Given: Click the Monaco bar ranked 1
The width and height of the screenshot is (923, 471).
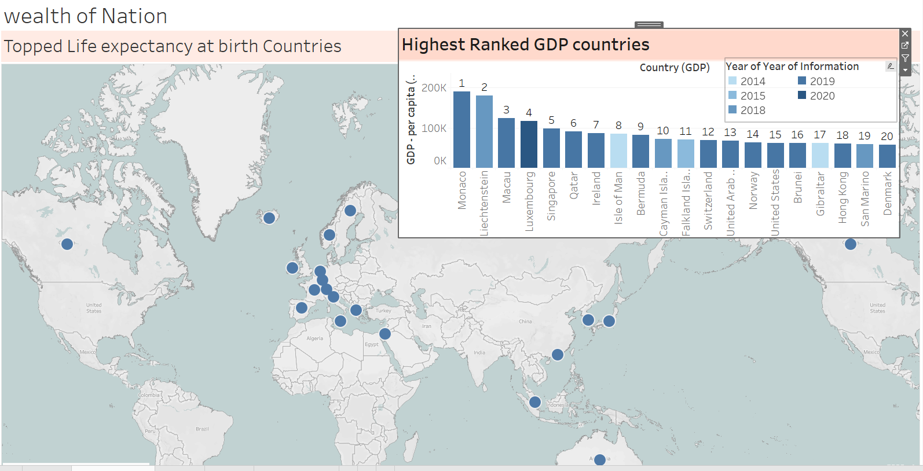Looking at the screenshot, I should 461,130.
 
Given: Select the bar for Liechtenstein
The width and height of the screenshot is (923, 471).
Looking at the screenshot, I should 484,132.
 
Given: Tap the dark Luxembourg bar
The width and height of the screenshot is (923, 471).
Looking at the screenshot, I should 529,144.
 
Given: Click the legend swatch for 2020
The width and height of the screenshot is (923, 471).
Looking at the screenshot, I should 802,95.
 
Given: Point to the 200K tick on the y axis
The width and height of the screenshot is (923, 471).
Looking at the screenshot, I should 434,88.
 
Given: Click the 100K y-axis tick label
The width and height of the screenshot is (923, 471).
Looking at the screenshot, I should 434,128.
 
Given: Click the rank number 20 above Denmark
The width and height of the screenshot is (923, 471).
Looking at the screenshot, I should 887,137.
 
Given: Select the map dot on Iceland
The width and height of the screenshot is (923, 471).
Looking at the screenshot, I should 269,218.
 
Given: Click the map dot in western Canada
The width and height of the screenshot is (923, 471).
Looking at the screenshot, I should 67,244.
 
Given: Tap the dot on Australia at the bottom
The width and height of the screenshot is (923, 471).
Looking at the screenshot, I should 600,459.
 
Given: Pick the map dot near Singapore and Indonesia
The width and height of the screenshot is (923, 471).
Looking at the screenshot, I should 535,402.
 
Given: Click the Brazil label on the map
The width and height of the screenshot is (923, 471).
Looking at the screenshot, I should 202,429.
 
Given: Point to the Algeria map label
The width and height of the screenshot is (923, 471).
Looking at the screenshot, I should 315,338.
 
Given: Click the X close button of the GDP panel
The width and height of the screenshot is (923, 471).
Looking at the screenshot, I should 905,34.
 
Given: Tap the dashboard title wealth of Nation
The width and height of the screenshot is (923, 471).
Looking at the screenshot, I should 86,16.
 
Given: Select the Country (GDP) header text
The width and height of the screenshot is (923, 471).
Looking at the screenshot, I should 674,68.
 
